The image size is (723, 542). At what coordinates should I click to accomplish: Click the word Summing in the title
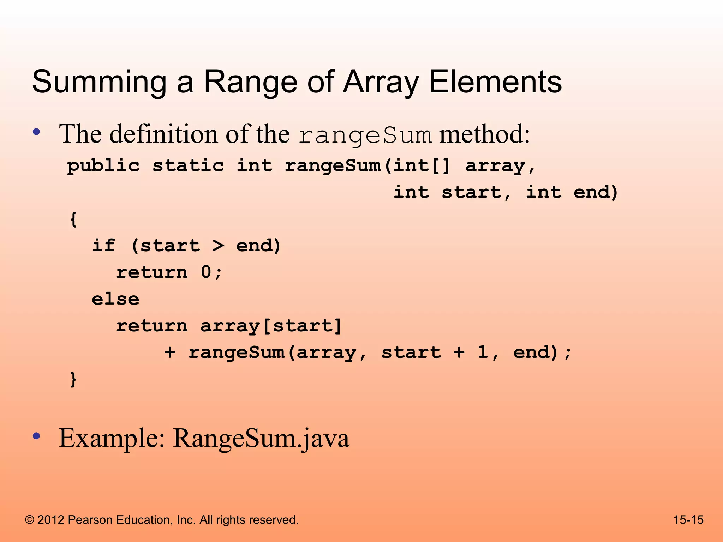[99, 82]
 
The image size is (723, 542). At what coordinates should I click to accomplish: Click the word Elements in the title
[495, 82]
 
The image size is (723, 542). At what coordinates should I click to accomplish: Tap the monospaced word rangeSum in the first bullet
[365, 135]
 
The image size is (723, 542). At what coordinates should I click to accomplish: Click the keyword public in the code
[103, 166]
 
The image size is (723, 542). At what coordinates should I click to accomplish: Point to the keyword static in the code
[188, 166]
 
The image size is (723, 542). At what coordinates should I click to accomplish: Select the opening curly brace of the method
[73, 219]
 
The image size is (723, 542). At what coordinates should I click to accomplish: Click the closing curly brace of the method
[73, 379]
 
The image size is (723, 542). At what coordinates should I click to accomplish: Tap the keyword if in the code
[103, 246]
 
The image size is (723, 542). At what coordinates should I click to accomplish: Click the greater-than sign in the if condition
[218, 246]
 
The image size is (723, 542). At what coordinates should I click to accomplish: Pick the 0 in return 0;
[206, 272]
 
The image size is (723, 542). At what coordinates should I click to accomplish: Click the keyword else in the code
[115, 299]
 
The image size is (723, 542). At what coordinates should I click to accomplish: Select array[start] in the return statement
[271, 326]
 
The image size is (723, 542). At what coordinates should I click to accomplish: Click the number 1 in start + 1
[483, 352]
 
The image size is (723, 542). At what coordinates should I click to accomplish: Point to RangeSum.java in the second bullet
[261, 438]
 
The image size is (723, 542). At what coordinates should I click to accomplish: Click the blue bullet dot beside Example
[36, 436]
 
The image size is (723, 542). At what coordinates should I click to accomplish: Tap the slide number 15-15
[688, 520]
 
